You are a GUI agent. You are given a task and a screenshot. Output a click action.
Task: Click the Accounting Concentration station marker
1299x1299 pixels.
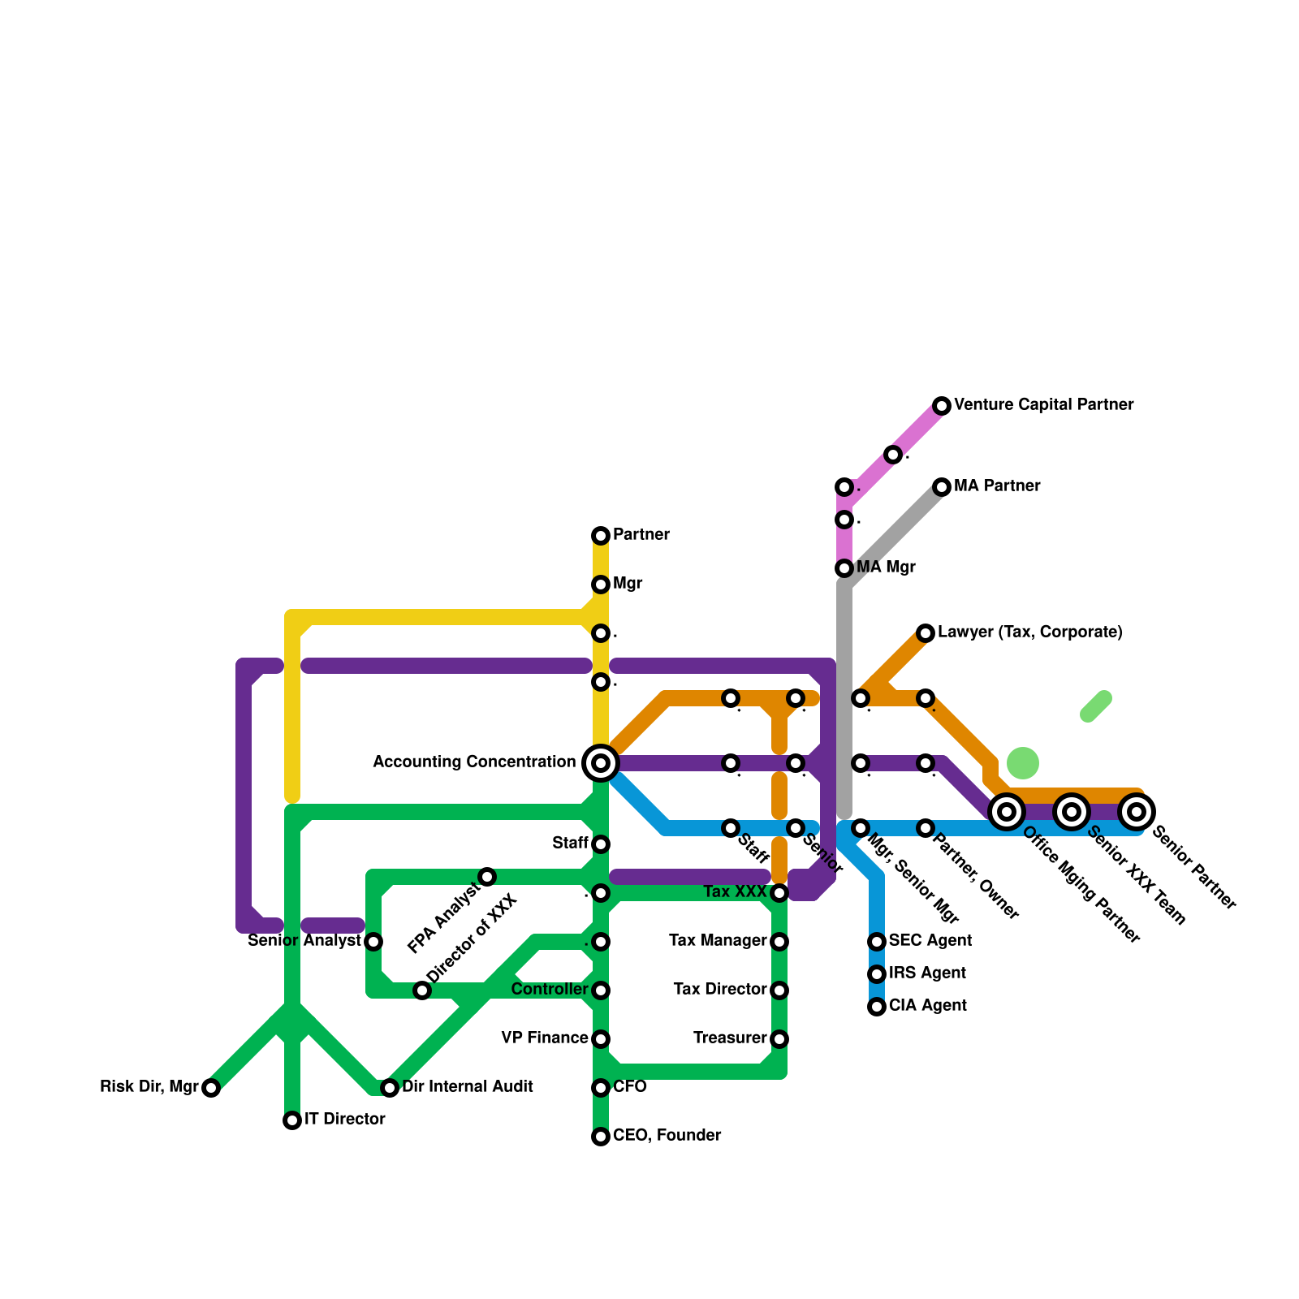pyautogui.click(x=601, y=763)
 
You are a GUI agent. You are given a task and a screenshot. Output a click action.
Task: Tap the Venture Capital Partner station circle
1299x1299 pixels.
pyautogui.click(x=942, y=406)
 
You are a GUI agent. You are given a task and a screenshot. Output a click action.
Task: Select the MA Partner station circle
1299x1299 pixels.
pyautogui.click(x=942, y=487)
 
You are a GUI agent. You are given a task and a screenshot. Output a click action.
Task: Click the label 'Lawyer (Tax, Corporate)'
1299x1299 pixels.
pyautogui.click(x=1029, y=632)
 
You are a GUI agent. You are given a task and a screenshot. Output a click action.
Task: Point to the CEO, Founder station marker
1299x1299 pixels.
pyautogui.click(x=601, y=1137)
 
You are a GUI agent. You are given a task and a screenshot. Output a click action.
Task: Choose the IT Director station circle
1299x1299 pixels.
pyautogui.click(x=292, y=1120)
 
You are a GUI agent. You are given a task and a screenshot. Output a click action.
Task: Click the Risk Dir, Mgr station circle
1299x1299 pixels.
pyautogui.click(x=211, y=1088)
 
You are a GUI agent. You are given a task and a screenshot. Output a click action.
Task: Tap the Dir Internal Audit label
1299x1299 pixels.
pyautogui.click(x=468, y=1087)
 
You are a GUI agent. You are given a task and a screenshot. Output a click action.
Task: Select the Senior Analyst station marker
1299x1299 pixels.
pyautogui.click(x=373, y=942)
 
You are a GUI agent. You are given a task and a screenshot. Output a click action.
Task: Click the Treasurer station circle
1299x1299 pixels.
pyautogui.click(x=779, y=1039)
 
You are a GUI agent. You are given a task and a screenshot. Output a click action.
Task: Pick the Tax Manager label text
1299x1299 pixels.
pyautogui.click(x=718, y=941)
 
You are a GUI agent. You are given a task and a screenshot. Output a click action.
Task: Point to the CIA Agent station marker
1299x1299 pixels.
pyautogui.click(x=877, y=1007)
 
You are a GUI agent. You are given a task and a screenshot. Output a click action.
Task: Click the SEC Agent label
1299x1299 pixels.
pyautogui.click(x=930, y=941)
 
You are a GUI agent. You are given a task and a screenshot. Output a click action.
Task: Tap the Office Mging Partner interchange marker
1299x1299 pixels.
pyautogui.click(x=1007, y=812)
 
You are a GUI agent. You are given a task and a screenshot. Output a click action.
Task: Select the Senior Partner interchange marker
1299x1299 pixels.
pyautogui.click(x=1137, y=812)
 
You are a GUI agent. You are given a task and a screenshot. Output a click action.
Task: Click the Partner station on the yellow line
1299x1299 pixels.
pyautogui.click(x=601, y=536)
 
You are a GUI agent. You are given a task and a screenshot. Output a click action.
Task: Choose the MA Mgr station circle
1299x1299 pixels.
pyautogui.click(x=844, y=568)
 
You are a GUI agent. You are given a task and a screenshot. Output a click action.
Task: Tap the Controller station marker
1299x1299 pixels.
pyautogui.click(x=601, y=990)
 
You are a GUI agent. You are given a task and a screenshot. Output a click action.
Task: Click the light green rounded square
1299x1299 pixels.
pyautogui.click(x=1023, y=763)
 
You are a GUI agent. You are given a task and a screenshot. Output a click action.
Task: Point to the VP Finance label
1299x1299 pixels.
pyautogui.click(x=545, y=1038)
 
